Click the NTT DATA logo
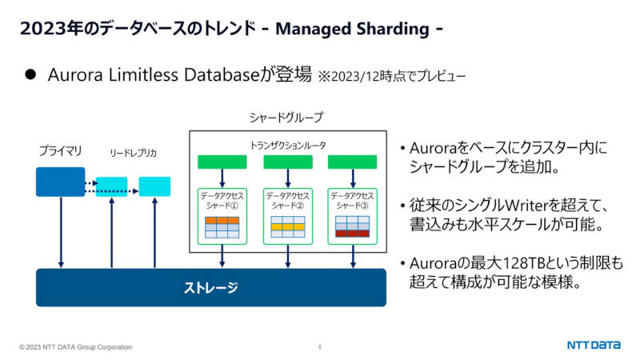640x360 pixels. pos(594,345)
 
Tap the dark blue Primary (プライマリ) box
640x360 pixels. pos(61,182)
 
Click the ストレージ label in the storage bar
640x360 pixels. pos(210,288)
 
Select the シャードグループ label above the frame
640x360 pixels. pos(286,118)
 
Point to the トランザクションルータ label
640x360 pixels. pos(288,146)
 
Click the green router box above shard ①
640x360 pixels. pos(222,162)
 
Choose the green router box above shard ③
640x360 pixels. pos(352,162)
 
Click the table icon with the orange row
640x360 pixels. pos(222,227)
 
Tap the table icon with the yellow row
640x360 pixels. pos(288,227)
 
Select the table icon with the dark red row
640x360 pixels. pos(352,226)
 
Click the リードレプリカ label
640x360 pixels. pos(133,153)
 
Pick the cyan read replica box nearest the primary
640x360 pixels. pos(111,186)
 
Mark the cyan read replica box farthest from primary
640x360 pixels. pos(154,186)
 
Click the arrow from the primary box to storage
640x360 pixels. pos(61,232)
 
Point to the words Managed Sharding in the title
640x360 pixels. pos(352,29)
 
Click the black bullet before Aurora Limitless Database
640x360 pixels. pos(30,74)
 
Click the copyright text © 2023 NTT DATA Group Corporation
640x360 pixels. pos(75,347)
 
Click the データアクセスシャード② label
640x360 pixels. pos(288,201)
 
